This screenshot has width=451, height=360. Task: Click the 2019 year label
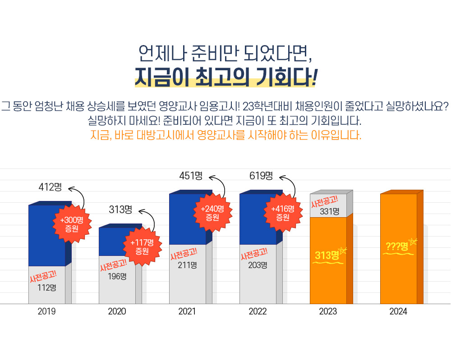[46, 311]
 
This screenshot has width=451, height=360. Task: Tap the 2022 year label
[258, 311]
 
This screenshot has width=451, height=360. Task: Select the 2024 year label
[398, 311]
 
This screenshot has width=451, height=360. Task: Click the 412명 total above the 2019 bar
[51, 187]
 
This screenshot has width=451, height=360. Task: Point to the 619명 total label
[261, 176]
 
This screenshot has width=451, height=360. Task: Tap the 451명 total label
[191, 176]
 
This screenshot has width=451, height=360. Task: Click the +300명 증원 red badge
[72, 224]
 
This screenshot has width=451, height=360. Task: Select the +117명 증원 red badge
[143, 246]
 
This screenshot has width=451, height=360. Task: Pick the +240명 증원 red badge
[212, 213]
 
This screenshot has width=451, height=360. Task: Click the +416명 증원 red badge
[283, 213]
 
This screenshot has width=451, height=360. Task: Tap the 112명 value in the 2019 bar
[47, 287]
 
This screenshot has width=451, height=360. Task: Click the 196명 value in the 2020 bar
[117, 276]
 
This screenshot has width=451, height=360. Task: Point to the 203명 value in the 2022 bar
[258, 265]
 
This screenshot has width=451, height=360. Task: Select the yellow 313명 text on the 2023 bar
[327, 255]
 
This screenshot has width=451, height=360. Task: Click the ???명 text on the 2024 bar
[397, 246]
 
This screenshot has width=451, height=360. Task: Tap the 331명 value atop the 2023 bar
[330, 211]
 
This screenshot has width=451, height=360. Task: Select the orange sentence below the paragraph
[226, 135]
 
